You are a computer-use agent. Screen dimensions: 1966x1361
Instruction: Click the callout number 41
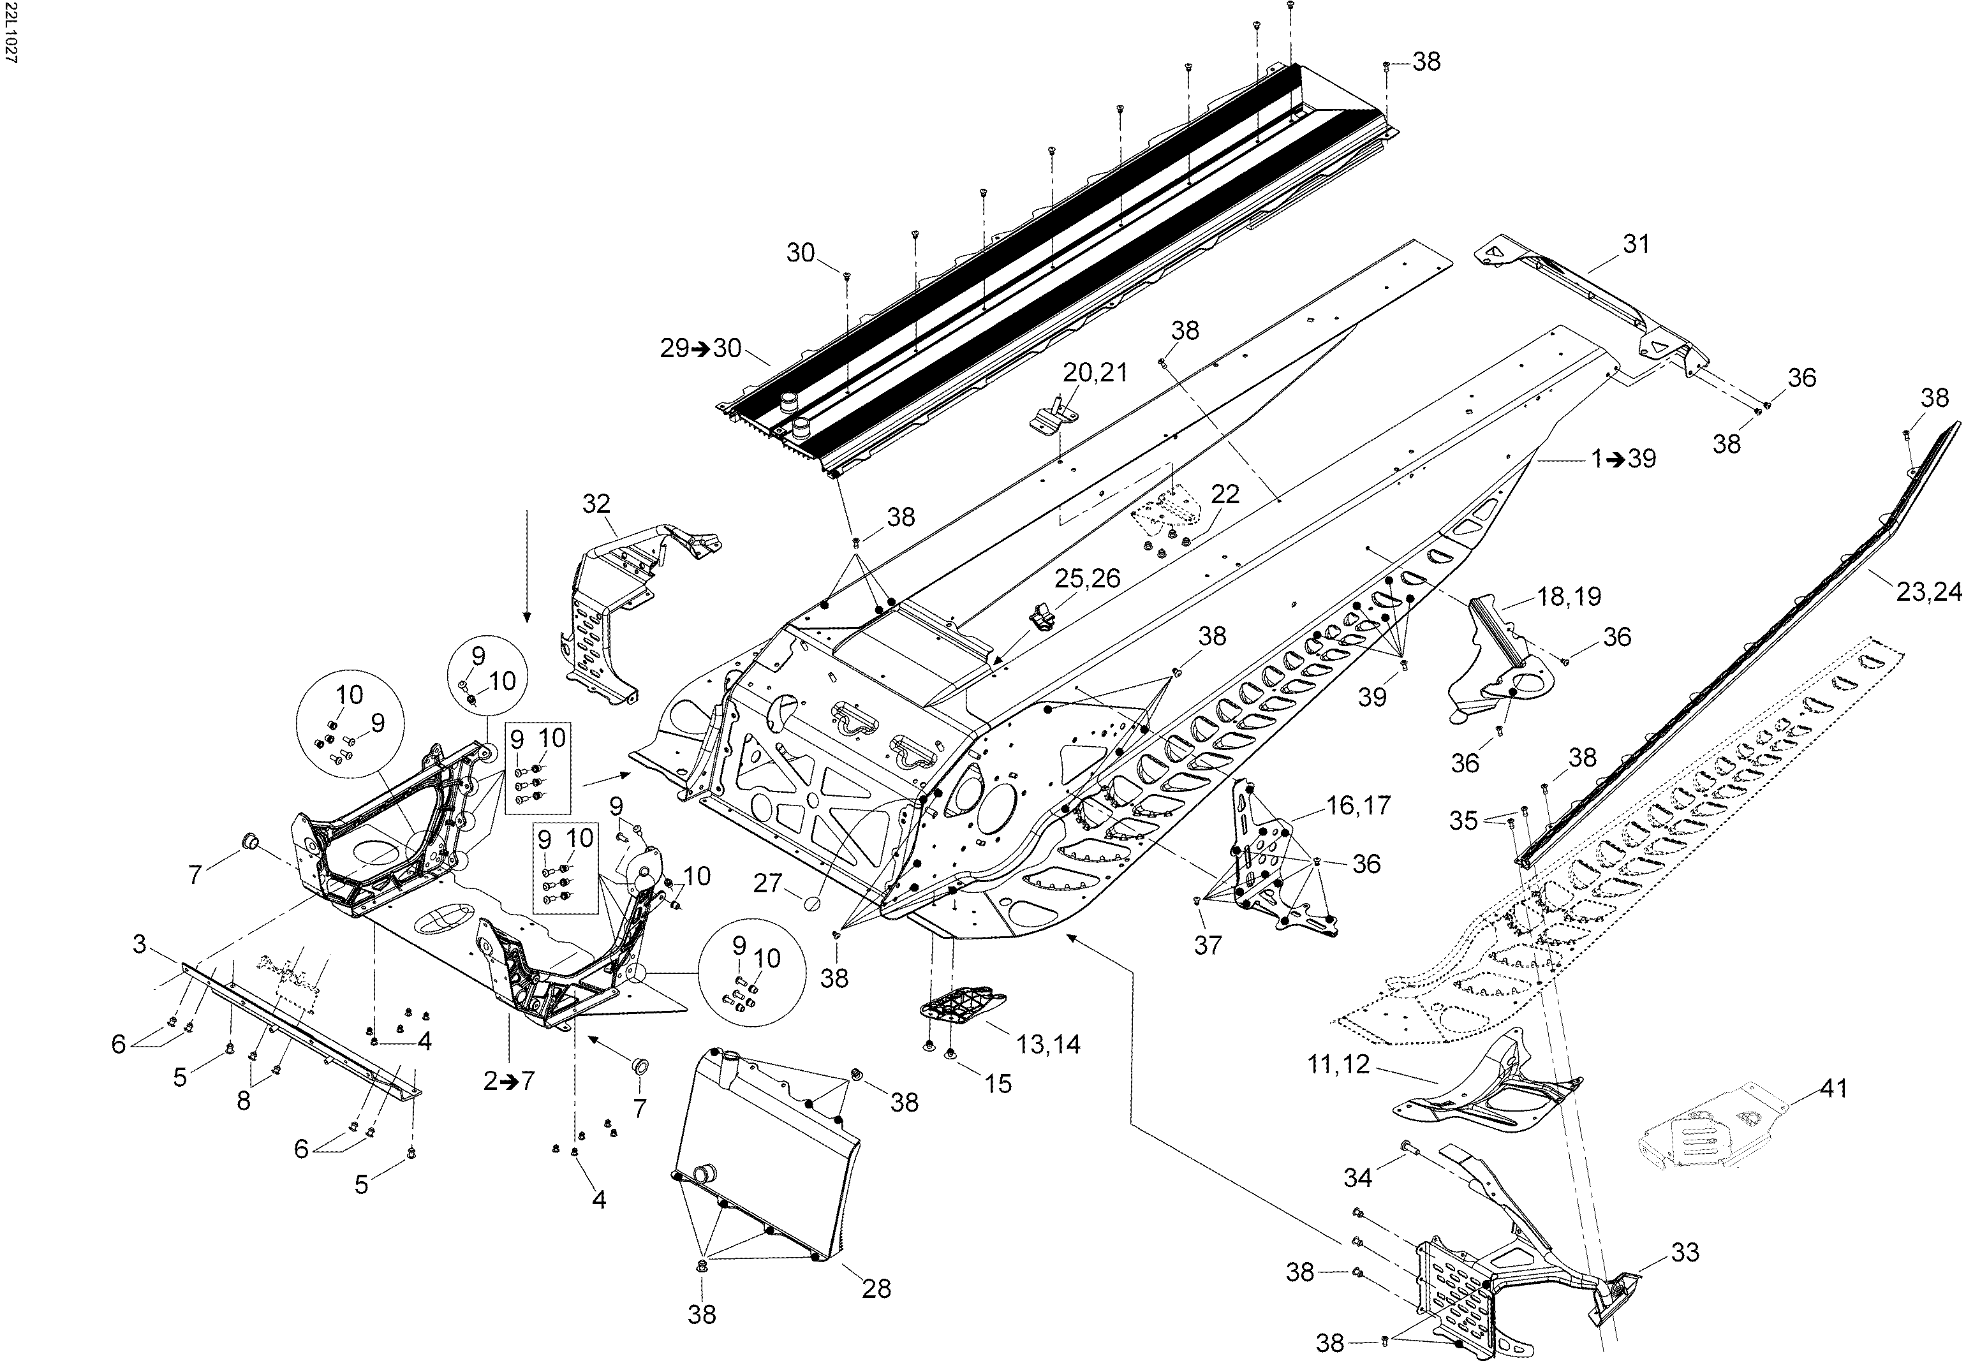point(1834,1088)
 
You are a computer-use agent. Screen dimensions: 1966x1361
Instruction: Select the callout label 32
point(596,503)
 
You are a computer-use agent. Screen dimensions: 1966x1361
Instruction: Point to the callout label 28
point(876,1288)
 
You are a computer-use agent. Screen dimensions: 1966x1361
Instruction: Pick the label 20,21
point(1095,372)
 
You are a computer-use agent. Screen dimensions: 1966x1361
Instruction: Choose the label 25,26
point(1088,578)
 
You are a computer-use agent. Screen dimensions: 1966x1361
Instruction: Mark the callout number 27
point(767,883)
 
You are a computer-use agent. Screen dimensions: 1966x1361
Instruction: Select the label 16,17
point(1359,804)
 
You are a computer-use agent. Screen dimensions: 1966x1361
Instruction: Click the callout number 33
point(1685,1252)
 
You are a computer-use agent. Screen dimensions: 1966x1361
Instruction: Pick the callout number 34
point(1358,1178)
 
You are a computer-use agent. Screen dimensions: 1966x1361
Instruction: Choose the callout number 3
point(140,944)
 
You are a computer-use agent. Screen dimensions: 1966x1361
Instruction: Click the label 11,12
point(1338,1064)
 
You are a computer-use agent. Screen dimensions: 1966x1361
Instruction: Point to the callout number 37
point(1208,944)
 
